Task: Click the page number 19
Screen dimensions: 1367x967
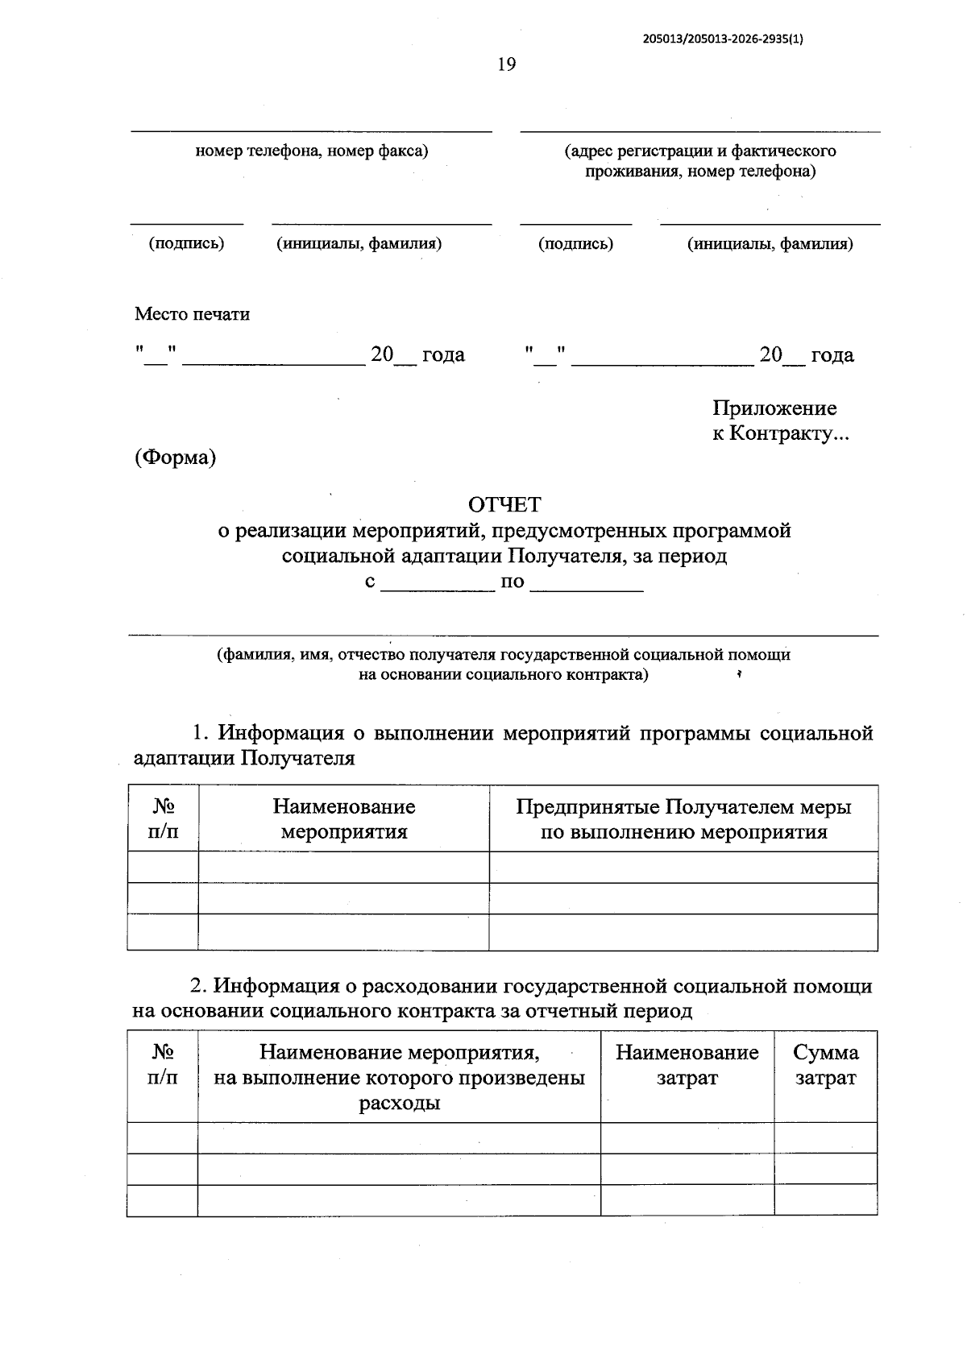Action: tap(506, 64)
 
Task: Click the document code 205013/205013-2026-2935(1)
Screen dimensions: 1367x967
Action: tap(723, 38)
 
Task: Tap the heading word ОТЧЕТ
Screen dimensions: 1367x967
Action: tap(504, 505)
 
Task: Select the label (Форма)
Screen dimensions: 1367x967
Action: tap(175, 458)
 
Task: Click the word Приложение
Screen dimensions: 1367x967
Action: tap(774, 408)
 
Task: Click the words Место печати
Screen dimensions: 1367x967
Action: tap(192, 314)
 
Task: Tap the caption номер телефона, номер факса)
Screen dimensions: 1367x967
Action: tap(311, 151)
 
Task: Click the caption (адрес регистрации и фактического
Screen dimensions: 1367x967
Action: tap(699, 151)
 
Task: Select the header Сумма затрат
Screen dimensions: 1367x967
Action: tap(825, 1065)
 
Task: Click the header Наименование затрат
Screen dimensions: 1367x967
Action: tap(687, 1065)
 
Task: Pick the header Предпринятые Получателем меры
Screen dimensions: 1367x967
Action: tap(683, 807)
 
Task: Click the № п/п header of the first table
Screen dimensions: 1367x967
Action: tap(163, 818)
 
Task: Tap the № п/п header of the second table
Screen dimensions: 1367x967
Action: tap(163, 1065)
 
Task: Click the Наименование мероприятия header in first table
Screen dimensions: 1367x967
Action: tap(343, 818)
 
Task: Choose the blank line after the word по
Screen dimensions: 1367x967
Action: tap(587, 586)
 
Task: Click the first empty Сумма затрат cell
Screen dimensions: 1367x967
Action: tap(825, 1137)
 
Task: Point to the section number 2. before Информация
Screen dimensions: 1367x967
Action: tap(198, 986)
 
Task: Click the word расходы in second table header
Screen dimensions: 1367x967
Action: tap(399, 1103)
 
